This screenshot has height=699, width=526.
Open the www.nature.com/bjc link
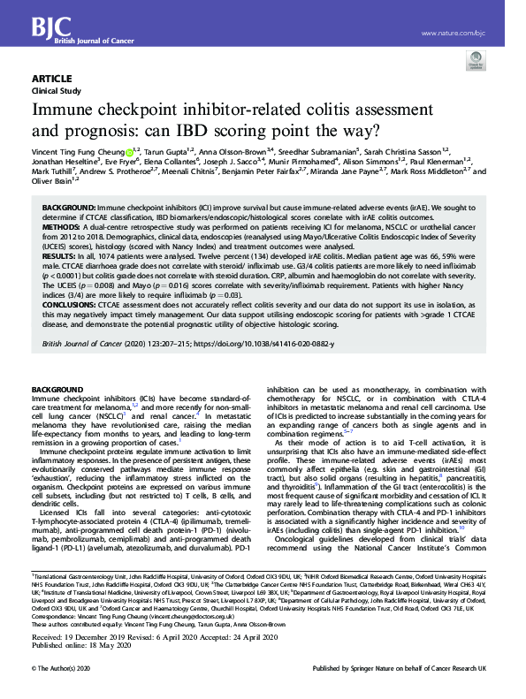tap(454, 34)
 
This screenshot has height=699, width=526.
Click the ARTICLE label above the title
tap(52, 79)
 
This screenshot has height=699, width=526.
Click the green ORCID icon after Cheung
tap(129, 151)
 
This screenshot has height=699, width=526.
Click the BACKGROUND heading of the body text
tap(57, 390)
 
